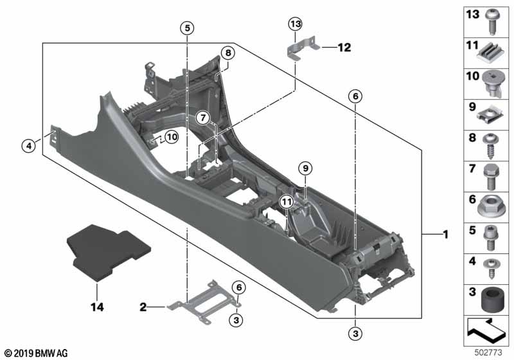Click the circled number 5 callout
pos(187,28)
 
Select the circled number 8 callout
pos(228,53)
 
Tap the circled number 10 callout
pos(172,137)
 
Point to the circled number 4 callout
pos(29,145)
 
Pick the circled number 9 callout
pos(306,168)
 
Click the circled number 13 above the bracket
pos(296,24)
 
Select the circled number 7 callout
pos(203,118)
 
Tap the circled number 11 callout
pos(287,202)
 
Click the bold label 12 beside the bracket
pos(344,48)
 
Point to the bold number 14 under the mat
pos(97,307)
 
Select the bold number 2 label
pos(143,307)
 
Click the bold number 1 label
pos(445,235)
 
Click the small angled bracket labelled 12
pos(303,48)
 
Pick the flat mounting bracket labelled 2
pos(204,301)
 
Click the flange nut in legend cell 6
pos(491,206)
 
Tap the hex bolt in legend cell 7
pos(491,177)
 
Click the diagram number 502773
pos(488,353)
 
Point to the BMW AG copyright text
pos(37,354)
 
